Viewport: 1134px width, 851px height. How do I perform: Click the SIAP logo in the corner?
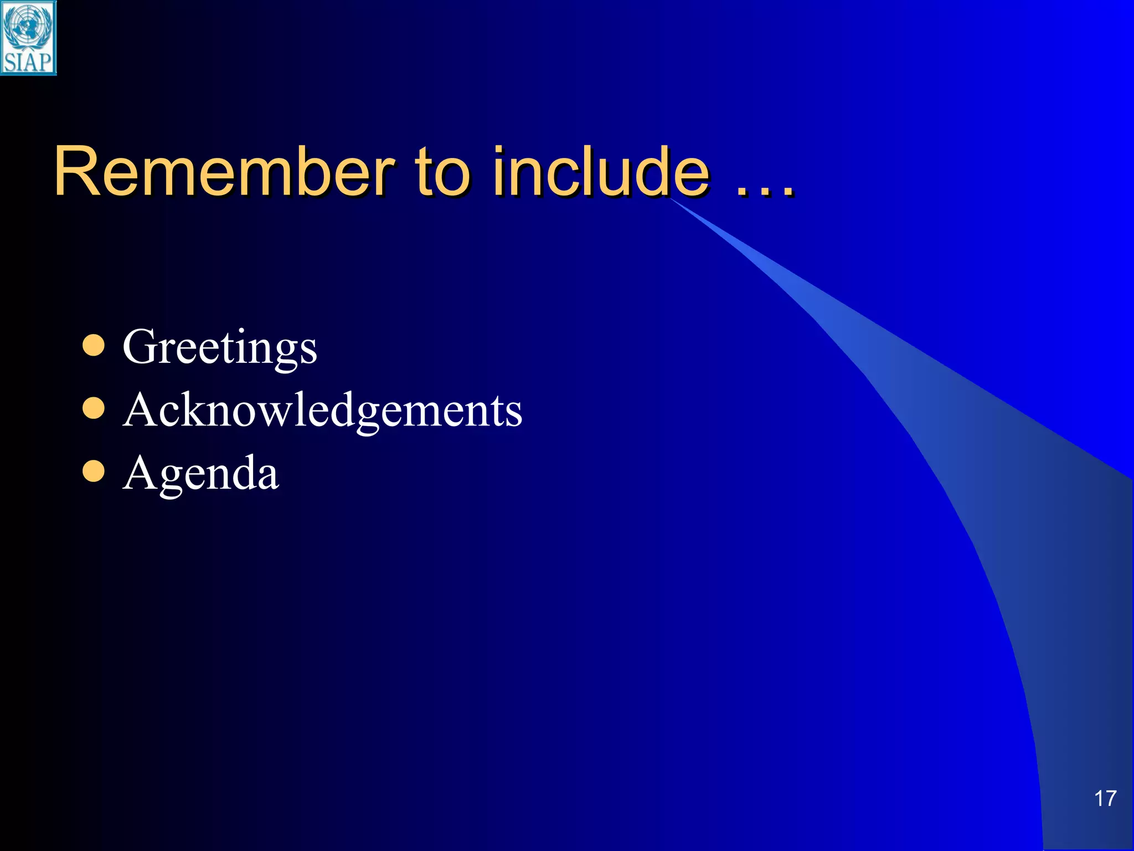pyautogui.click(x=28, y=38)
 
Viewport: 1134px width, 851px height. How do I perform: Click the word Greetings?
pyautogui.click(x=220, y=348)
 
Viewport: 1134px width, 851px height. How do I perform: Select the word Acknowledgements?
pyautogui.click(x=323, y=411)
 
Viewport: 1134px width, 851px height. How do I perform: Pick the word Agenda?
pyautogui.click(x=201, y=474)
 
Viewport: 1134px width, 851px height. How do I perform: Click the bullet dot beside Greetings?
pyautogui.click(x=94, y=345)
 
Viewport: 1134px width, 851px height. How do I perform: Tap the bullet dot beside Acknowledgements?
pyautogui.click(x=94, y=409)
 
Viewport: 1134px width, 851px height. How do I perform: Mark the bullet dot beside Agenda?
pyautogui.click(x=94, y=471)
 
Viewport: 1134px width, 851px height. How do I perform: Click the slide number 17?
pyautogui.click(x=1105, y=798)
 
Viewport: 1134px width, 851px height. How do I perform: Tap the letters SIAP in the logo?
pyautogui.click(x=28, y=62)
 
